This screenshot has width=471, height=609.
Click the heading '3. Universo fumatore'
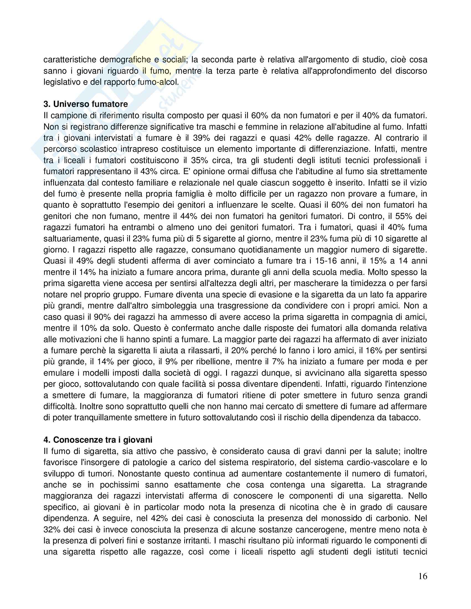pyautogui.click(x=86, y=104)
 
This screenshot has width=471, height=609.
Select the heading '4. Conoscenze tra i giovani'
pyautogui.click(x=98, y=440)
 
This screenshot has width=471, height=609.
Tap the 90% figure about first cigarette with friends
pyautogui.click(x=102, y=317)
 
